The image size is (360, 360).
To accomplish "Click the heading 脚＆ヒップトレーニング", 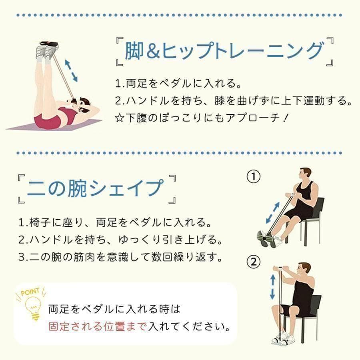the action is pos(224,50).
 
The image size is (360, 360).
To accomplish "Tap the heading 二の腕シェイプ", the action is pos(96,188).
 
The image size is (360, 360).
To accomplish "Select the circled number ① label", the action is pos(254,176).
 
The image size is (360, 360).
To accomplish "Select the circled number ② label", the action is pos(254,262).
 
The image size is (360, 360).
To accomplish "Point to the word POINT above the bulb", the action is pos(30,292).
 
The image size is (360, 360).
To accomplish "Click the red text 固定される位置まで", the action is pos(97,326).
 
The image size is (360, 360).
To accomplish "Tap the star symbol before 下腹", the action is pos(120,118).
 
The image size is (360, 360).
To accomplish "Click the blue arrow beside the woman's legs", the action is pos(71,71).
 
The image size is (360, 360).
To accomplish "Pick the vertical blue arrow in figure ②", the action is pos(272,287).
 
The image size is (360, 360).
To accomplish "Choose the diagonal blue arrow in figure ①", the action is pos(273,213).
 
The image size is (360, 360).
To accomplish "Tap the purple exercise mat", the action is pos(54,125).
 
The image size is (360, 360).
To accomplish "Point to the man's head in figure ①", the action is pos(305,175).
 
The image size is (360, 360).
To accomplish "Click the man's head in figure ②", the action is pos(304,269).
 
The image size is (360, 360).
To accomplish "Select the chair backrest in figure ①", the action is pos(319,207).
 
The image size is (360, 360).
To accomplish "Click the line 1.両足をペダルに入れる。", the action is pos(178,83).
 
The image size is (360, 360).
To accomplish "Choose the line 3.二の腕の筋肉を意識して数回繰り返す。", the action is pos(120,257).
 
